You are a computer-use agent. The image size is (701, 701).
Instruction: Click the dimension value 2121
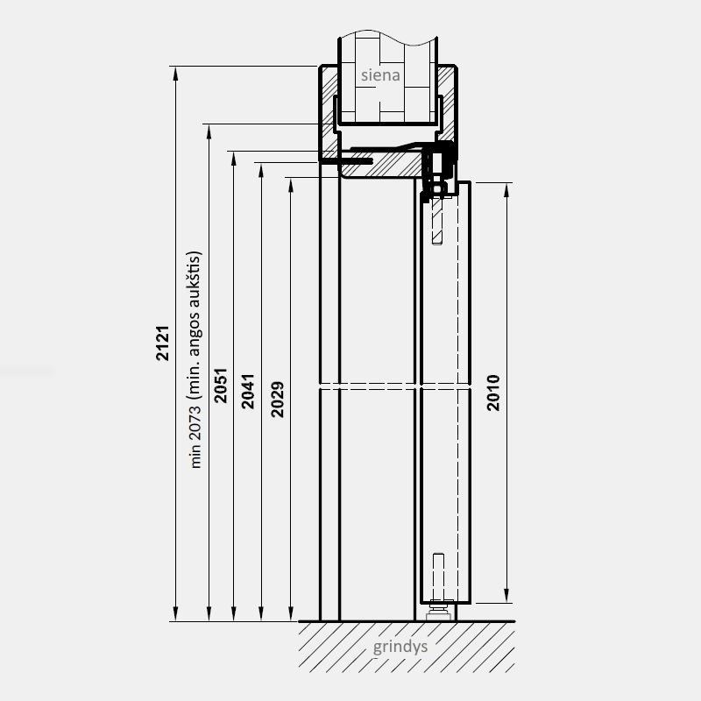click(x=163, y=343)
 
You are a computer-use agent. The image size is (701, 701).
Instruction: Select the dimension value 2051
click(x=221, y=386)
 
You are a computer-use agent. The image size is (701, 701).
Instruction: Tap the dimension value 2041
click(x=248, y=391)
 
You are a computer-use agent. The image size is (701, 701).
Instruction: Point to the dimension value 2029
click(x=277, y=400)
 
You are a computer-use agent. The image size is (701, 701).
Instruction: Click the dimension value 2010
click(x=493, y=393)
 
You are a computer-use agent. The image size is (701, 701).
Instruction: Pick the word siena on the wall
click(x=380, y=75)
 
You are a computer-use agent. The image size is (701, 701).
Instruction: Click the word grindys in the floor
click(x=400, y=647)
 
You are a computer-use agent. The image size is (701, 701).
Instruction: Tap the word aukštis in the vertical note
click(x=195, y=280)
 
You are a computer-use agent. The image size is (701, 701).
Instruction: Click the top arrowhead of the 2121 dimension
click(x=176, y=74)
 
